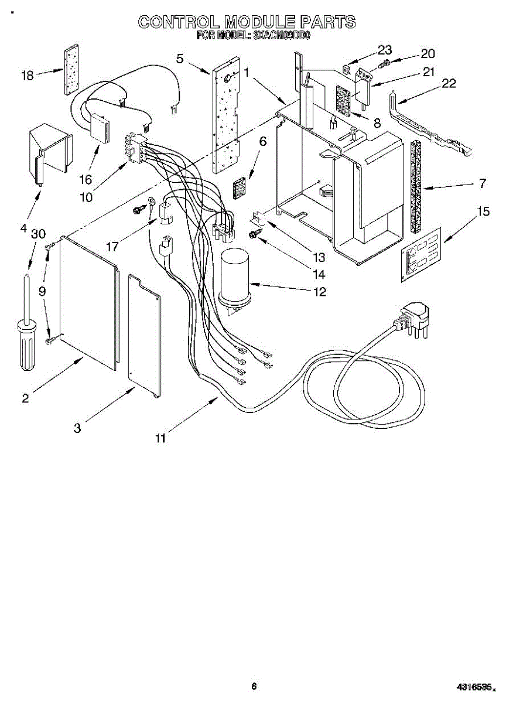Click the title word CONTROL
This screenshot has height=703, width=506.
(x=176, y=22)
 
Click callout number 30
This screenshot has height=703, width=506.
(x=39, y=233)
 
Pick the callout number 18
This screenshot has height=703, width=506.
(x=27, y=75)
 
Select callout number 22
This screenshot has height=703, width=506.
(x=449, y=83)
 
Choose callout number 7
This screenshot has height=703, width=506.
(x=482, y=183)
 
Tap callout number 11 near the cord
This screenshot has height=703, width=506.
(x=160, y=437)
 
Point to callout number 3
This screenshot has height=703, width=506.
(x=77, y=428)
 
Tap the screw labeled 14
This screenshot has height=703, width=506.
(x=253, y=234)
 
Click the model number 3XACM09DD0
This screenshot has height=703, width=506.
(x=281, y=35)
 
